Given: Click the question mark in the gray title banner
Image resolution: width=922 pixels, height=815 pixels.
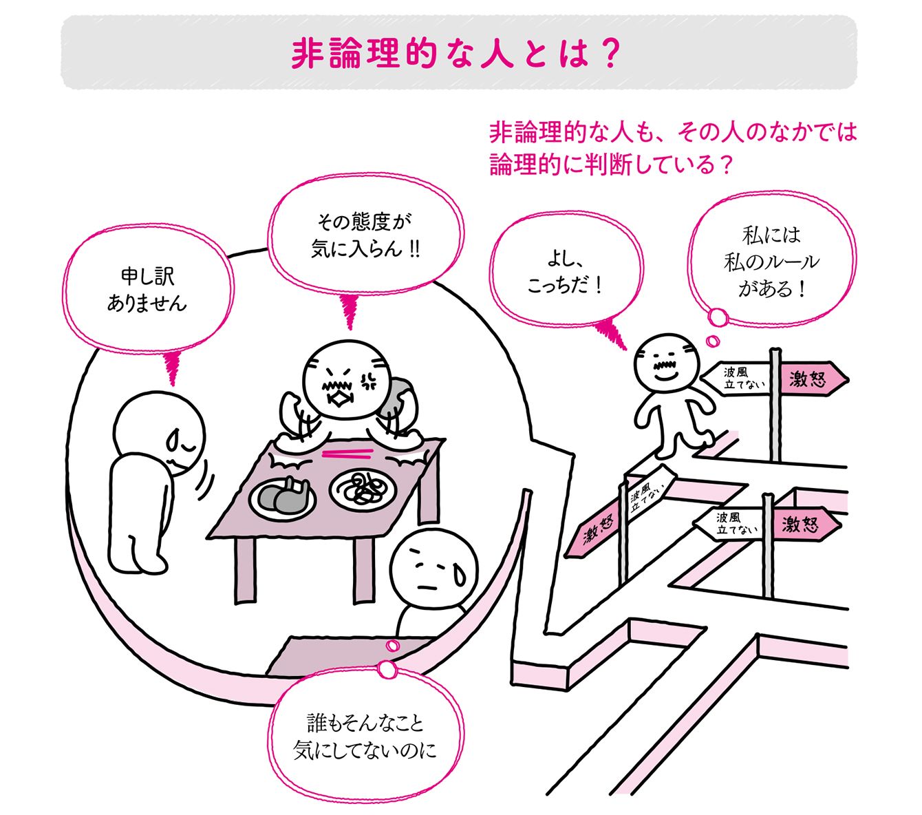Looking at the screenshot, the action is (x=608, y=54).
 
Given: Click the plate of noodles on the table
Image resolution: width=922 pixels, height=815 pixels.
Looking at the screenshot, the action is (x=363, y=490).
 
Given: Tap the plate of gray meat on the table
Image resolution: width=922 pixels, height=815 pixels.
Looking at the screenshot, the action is (x=282, y=498).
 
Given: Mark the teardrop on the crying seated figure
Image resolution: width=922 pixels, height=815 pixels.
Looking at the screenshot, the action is (x=460, y=575).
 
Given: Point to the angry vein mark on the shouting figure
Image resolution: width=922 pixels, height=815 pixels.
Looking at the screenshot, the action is (x=367, y=383).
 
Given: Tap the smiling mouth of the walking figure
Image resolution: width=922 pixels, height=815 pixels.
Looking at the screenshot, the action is (x=666, y=377).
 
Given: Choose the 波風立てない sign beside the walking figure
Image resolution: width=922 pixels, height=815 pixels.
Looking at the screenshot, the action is (x=736, y=379).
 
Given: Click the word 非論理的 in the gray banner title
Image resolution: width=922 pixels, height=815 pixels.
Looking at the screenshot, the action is (x=364, y=54).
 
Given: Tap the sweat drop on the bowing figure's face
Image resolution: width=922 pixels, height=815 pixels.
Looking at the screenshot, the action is (x=173, y=440).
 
